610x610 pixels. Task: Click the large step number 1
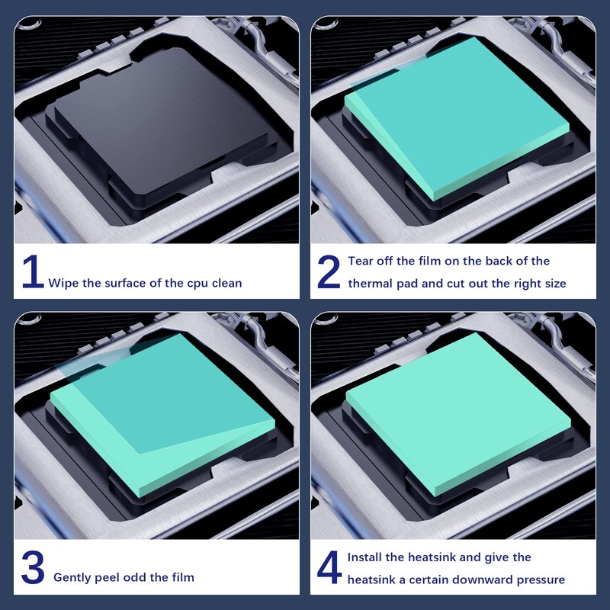(x=31, y=273)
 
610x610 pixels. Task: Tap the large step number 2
(x=329, y=273)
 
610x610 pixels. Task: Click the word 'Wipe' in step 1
(x=63, y=283)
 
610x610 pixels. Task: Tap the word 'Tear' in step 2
(x=361, y=261)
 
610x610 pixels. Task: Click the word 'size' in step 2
(x=553, y=284)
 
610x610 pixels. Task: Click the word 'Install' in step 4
(x=367, y=557)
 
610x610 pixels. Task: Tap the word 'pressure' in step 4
(x=538, y=579)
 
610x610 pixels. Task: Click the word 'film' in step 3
(x=181, y=577)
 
